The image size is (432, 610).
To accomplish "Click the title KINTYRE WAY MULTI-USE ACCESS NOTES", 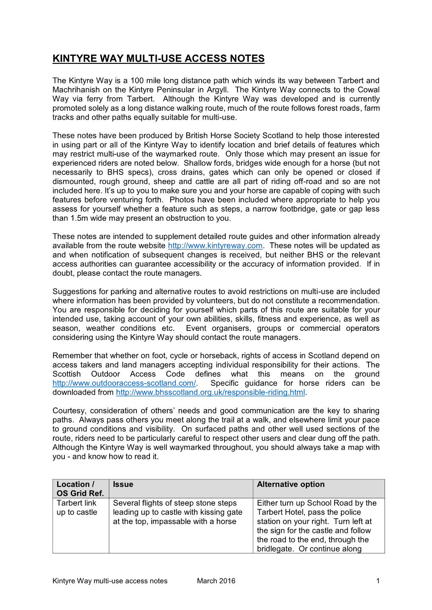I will click(158, 59).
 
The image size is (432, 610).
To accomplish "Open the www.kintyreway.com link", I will click(215, 246).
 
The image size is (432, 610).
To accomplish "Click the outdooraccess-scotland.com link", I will click(124, 383).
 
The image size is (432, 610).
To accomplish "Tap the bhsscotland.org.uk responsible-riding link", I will click(210, 393).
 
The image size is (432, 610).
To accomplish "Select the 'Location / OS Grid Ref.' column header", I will click(80, 489).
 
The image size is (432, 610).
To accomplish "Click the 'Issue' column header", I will click(123, 484).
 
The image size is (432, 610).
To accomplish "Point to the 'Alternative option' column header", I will click(291, 484).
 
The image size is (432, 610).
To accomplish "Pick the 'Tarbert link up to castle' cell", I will click(77, 508).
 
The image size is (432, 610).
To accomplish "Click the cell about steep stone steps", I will click(177, 512).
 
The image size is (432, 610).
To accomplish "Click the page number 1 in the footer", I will click(378, 581).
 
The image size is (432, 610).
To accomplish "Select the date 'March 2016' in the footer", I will click(216, 581).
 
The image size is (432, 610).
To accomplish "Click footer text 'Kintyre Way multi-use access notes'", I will click(110, 581).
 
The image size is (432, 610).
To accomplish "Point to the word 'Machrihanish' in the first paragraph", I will click(75, 90).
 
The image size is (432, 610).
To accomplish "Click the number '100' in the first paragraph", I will click(137, 80).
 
